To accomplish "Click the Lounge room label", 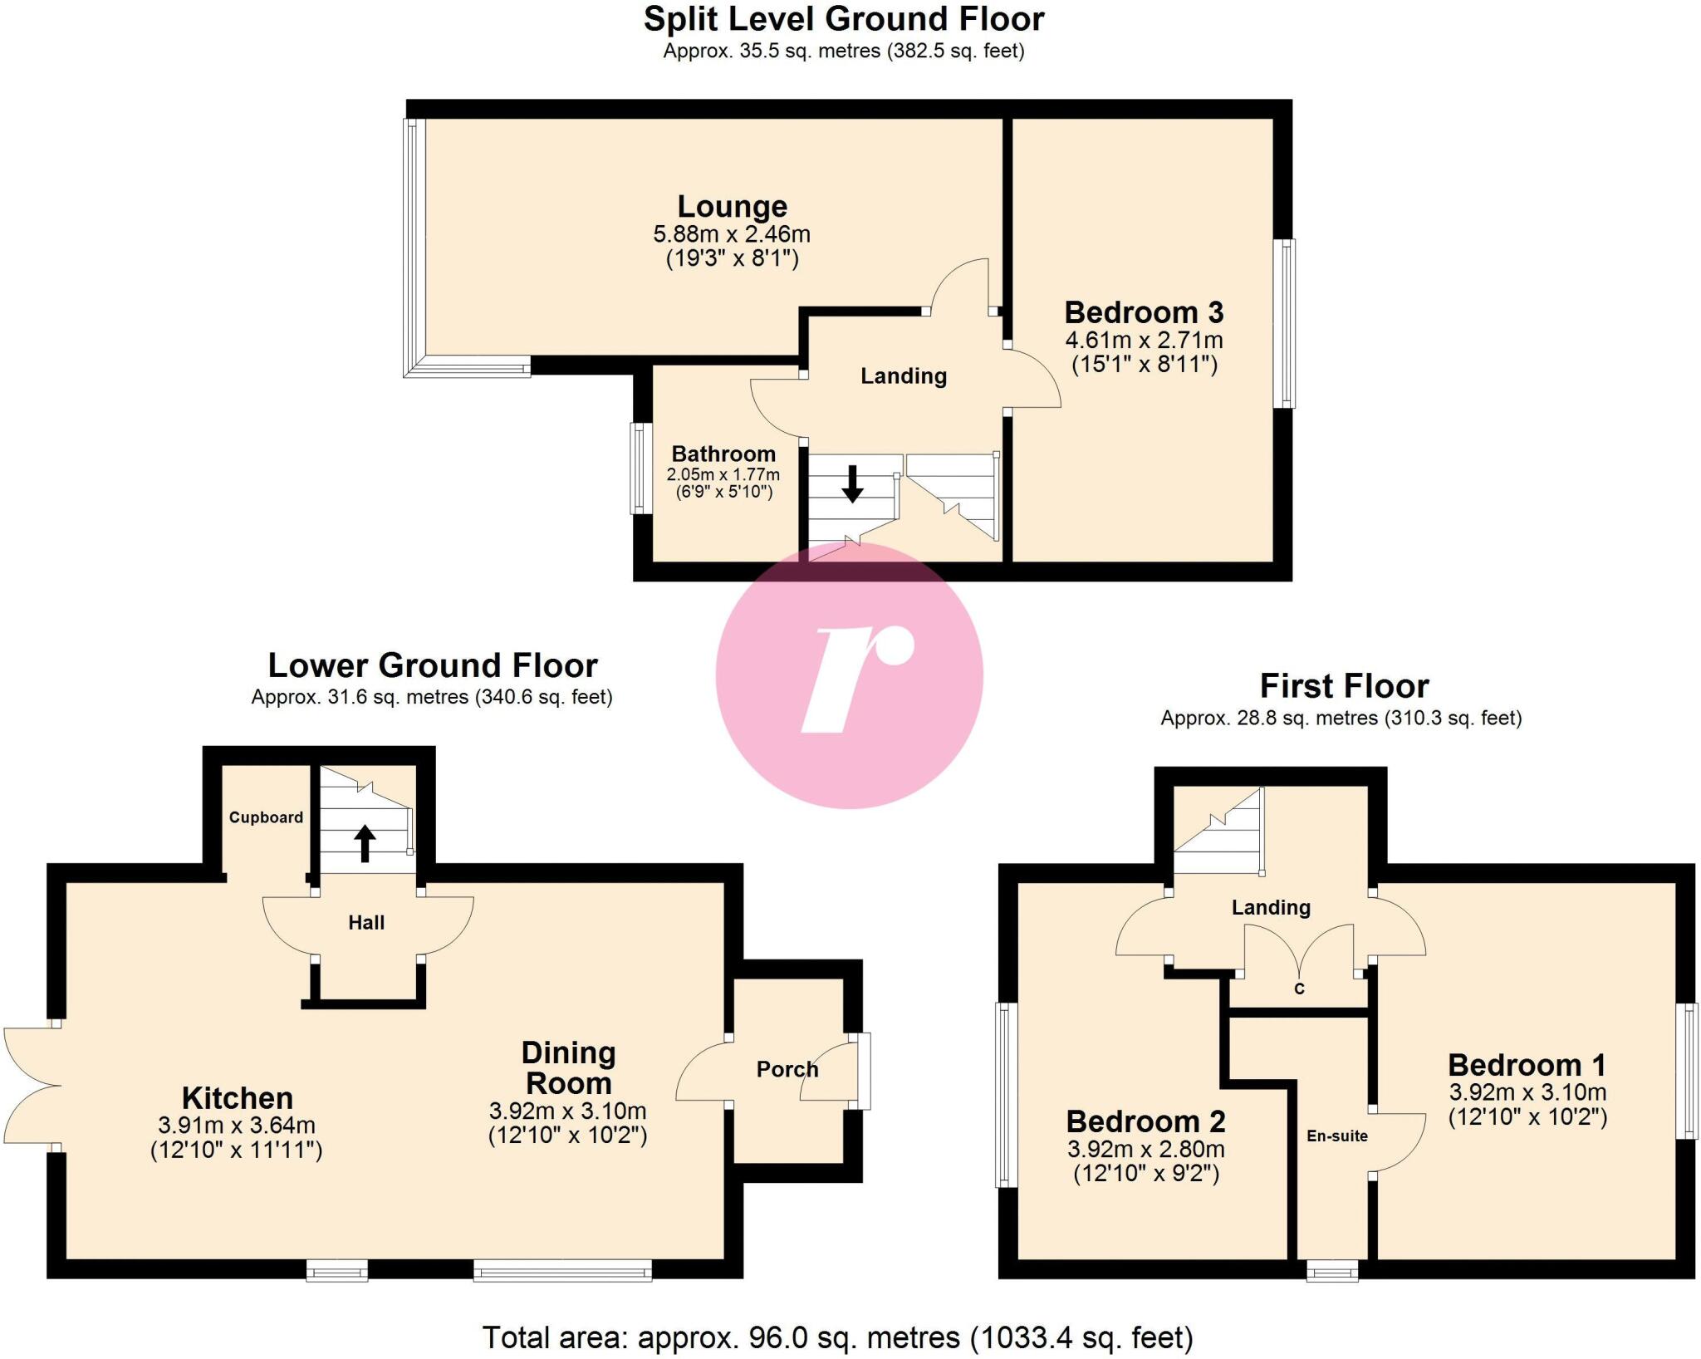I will click(x=732, y=207).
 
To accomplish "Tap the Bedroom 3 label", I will click(x=1144, y=313).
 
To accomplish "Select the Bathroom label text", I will click(x=723, y=454).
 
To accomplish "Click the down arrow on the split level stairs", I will click(x=852, y=484).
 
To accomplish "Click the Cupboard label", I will click(x=266, y=817).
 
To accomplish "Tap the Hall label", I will click(x=366, y=923).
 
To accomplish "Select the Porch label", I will click(x=787, y=1069).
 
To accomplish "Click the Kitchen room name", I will click(x=238, y=1098).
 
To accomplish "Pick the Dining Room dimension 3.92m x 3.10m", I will click(x=567, y=1111).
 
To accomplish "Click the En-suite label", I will click(x=1337, y=1136).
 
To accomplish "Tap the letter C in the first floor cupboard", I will click(x=1300, y=989).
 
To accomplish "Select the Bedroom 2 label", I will click(x=1145, y=1122).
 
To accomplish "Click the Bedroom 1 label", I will click(x=1527, y=1066).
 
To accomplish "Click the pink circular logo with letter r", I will click(x=849, y=675).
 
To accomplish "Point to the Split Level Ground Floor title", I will click(x=844, y=20).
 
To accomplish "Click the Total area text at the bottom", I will click(x=837, y=1337).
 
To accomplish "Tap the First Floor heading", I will click(x=1344, y=687).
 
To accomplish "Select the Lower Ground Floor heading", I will click(x=432, y=666).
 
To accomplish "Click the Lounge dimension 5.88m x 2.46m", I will click(x=732, y=235).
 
